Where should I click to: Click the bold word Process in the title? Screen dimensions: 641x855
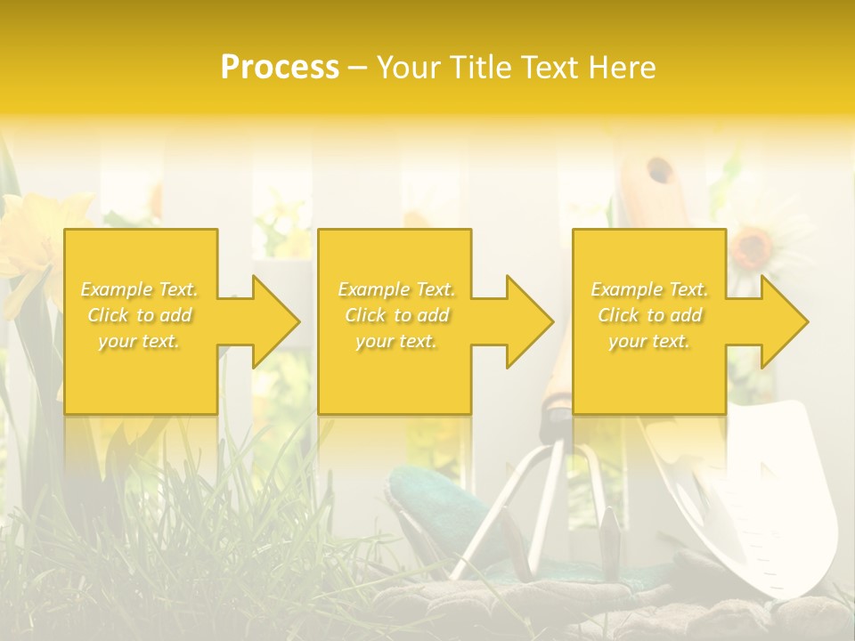(x=280, y=68)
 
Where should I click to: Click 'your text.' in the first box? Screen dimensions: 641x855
(x=139, y=341)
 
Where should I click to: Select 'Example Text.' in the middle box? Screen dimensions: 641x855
(x=396, y=289)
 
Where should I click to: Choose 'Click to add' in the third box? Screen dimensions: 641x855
(x=649, y=315)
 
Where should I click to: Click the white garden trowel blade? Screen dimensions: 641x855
(x=784, y=499)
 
